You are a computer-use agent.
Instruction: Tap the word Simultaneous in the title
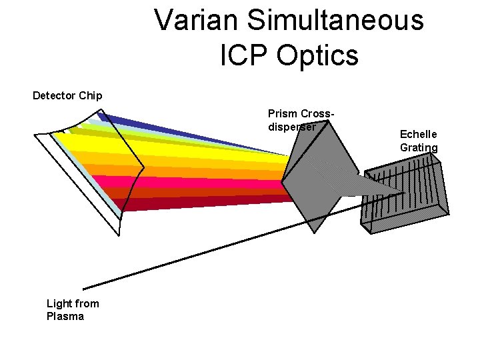point(336,21)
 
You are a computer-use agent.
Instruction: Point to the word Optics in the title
point(317,56)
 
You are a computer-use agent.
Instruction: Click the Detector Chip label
point(67,95)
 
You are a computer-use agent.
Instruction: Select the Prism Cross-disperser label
point(301,120)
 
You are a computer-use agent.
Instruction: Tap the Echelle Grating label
point(419,141)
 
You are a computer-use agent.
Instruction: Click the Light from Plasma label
point(73,310)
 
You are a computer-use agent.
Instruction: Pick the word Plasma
point(65,317)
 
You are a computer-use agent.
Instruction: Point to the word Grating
point(419,147)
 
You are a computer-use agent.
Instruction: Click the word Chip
point(91,95)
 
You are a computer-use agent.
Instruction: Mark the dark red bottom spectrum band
point(200,203)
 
